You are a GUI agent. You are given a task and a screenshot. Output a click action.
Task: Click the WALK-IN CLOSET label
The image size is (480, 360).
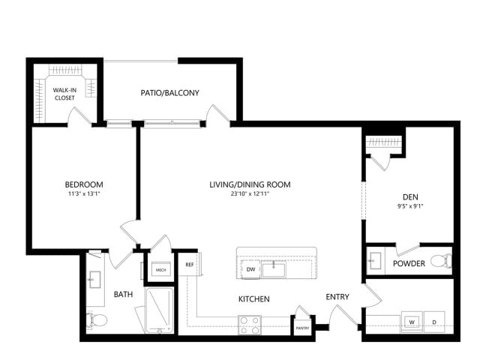click(x=64, y=94)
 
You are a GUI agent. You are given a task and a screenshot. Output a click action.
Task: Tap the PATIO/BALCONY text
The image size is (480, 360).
click(x=170, y=93)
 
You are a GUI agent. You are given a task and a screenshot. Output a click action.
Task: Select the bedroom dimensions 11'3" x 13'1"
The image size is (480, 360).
click(x=84, y=193)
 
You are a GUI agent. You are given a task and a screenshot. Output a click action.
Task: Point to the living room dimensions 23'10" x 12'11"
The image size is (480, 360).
click(x=250, y=193)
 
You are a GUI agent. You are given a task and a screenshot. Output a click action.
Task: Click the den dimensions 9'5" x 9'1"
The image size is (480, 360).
click(x=410, y=206)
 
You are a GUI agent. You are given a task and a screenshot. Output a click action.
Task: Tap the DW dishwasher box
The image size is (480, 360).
click(x=250, y=269)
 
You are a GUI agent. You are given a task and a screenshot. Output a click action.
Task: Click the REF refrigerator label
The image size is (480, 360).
click(x=190, y=265)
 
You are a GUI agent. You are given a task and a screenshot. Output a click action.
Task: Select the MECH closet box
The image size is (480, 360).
click(x=161, y=270)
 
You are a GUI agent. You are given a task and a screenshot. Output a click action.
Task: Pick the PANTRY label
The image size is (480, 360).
click(x=302, y=328)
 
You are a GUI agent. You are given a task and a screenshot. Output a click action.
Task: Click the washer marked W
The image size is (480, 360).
click(x=412, y=322)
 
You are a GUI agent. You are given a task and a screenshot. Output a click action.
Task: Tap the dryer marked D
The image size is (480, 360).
click(x=434, y=322)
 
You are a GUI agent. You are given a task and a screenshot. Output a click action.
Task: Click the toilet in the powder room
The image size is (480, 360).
click(x=441, y=261)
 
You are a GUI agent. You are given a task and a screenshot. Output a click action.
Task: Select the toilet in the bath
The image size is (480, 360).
click(x=97, y=320)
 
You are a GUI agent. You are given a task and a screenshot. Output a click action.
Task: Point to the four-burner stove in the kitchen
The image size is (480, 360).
click(x=250, y=325)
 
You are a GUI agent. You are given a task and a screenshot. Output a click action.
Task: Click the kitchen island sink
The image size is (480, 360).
click(x=274, y=269)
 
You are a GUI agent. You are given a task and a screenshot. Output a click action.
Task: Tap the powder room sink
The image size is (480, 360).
click(x=375, y=260)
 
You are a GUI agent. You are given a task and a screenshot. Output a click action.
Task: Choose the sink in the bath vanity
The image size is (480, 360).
click(x=94, y=280)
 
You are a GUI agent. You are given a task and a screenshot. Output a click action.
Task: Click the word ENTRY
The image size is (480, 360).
click(x=337, y=297)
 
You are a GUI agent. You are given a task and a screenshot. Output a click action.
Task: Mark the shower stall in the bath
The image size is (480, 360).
click(x=159, y=310)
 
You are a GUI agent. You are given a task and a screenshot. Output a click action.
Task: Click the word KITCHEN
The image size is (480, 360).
click(x=254, y=299)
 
